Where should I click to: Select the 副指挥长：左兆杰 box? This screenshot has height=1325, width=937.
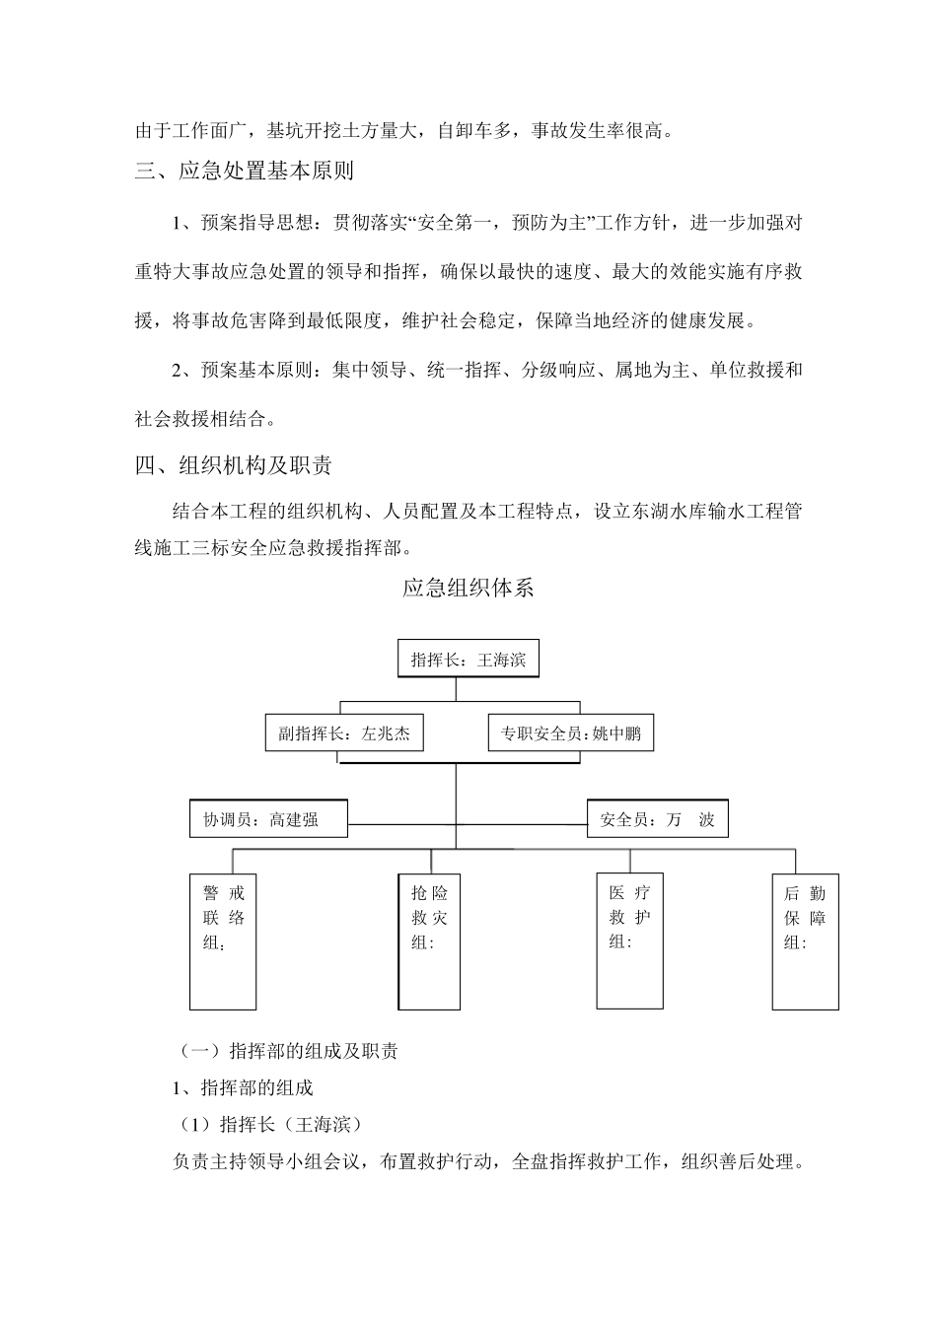(x=344, y=733)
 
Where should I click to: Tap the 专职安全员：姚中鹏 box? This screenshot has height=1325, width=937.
(x=571, y=733)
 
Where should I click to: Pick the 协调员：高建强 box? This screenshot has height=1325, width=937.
(x=268, y=819)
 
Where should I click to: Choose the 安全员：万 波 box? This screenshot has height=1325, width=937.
(x=658, y=819)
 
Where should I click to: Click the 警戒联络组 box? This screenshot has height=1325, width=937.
(x=223, y=941)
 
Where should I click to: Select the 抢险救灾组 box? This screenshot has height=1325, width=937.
(x=430, y=941)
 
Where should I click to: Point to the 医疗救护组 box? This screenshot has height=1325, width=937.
(x=629, y=941)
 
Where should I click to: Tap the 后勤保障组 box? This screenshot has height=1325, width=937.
(x=805, y=941)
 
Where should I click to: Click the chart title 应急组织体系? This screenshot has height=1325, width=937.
(x=468, y=589)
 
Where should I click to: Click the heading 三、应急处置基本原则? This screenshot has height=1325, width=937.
(x=245, y=171)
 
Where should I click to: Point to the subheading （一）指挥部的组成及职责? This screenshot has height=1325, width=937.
(x=287, y=1051)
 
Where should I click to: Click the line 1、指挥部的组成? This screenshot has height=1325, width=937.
(x=243, y=1087)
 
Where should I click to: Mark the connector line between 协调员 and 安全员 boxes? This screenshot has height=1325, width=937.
(x=468, y=822)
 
